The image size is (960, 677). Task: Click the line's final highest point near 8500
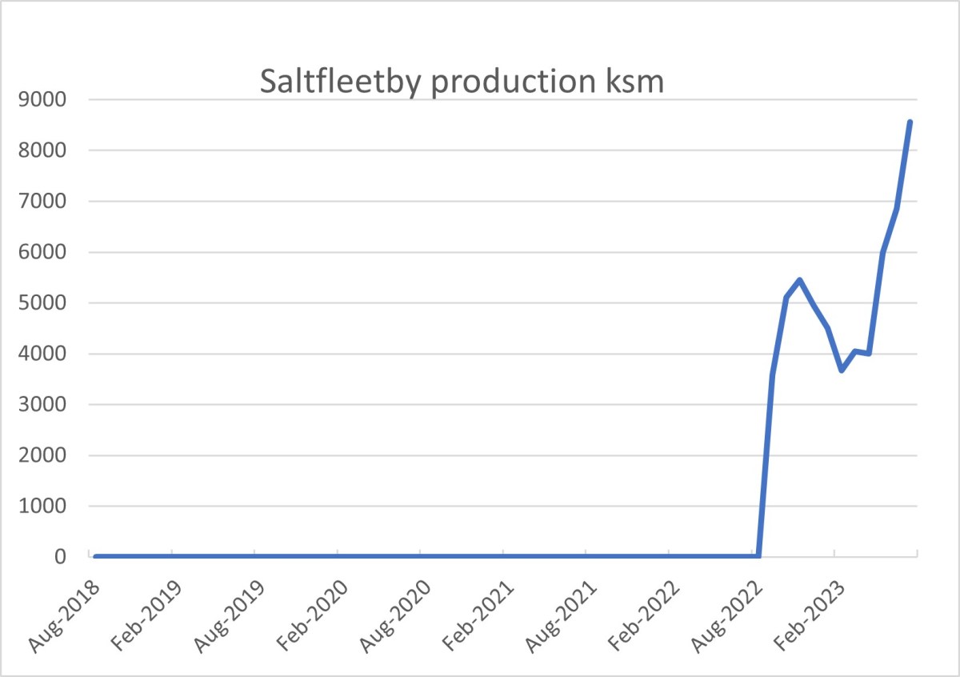click(x=910, y=122)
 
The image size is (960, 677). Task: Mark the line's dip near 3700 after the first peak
click(x=842, y=370)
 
